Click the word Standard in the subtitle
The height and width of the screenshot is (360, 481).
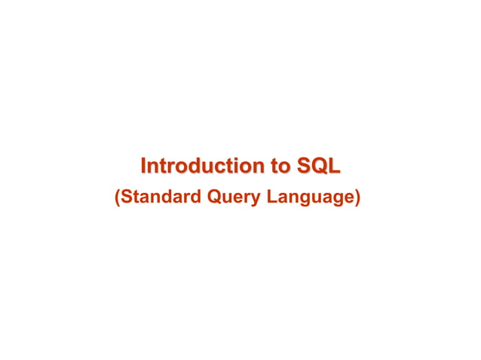tap(161, 198)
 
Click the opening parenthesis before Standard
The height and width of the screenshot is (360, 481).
tap(117, 199)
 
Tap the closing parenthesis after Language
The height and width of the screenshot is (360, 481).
tap(358, 199)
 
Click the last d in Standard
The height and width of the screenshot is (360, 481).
tap(195, 198)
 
